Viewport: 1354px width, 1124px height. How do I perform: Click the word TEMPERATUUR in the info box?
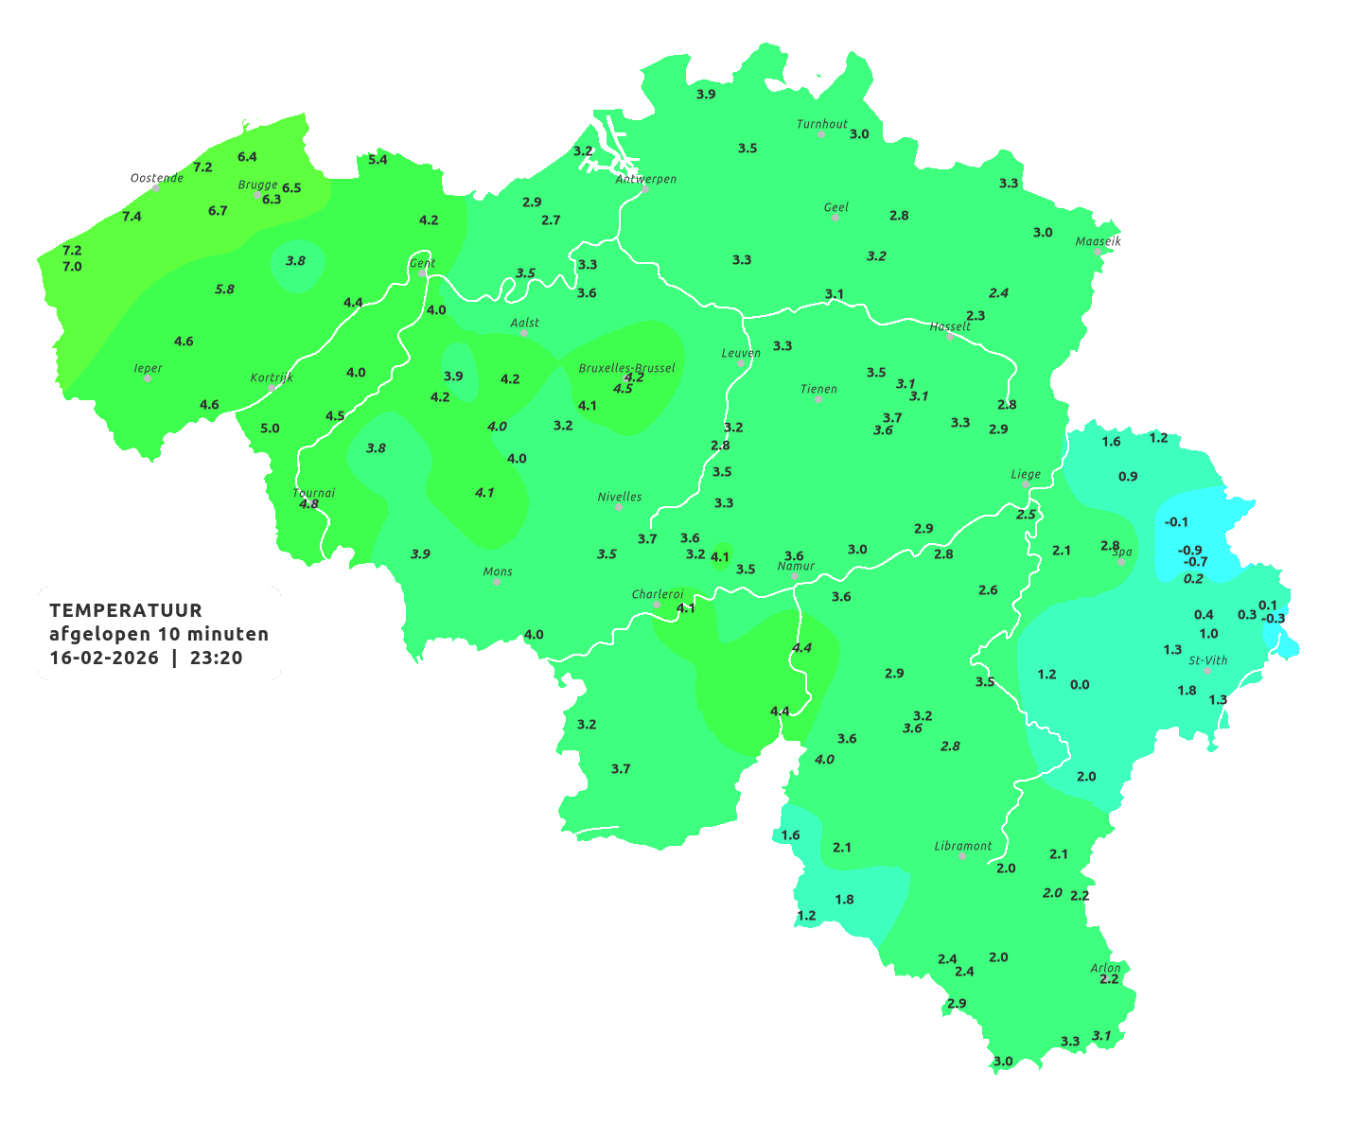tap(126, 610)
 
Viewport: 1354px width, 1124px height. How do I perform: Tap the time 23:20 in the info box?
tap(216, 658)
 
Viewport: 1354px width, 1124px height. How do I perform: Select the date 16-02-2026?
tap(104, 658)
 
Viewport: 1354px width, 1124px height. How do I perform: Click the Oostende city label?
tap(157, 178)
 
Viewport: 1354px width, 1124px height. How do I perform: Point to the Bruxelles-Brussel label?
tap(626, 367)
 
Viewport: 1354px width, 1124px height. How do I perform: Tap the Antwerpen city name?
tap(646, 179)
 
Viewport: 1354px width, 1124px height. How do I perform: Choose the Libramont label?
tap(963, 846)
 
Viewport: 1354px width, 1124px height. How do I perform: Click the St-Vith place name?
tap(1208, 660)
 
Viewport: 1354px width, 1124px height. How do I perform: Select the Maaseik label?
tap(1098, 241)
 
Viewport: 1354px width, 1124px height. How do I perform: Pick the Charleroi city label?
tap(658, 594)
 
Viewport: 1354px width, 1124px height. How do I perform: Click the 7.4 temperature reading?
tap(132, 217)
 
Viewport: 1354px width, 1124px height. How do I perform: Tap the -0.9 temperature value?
tap(1189, 550)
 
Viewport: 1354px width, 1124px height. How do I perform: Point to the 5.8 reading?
tap(224, 289)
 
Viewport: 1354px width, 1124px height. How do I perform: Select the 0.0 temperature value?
tap(1080, 684)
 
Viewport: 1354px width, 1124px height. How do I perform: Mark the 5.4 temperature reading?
tap(378, 159)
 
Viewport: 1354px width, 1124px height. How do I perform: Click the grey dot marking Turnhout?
tap(821, 134)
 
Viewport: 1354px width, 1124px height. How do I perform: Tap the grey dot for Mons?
tap(497, 582)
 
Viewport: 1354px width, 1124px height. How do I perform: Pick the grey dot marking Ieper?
tap(147, 378)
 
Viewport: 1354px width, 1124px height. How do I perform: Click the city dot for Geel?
tap(835, 218)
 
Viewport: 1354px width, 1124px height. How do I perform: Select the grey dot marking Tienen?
tap(818, 399)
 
